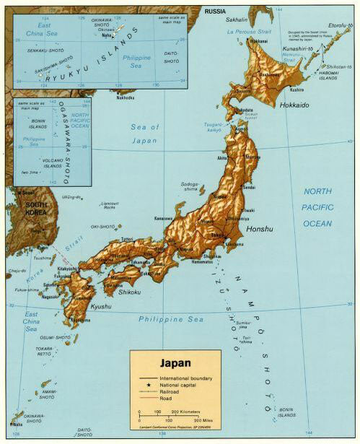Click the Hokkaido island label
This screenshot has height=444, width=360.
coord(294,105)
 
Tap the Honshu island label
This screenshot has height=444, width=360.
coord(260,229)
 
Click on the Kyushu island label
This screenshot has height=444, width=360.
coord(81,327)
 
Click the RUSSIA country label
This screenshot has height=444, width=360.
coord(214,12)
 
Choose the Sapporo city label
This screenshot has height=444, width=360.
coord(242,92)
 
